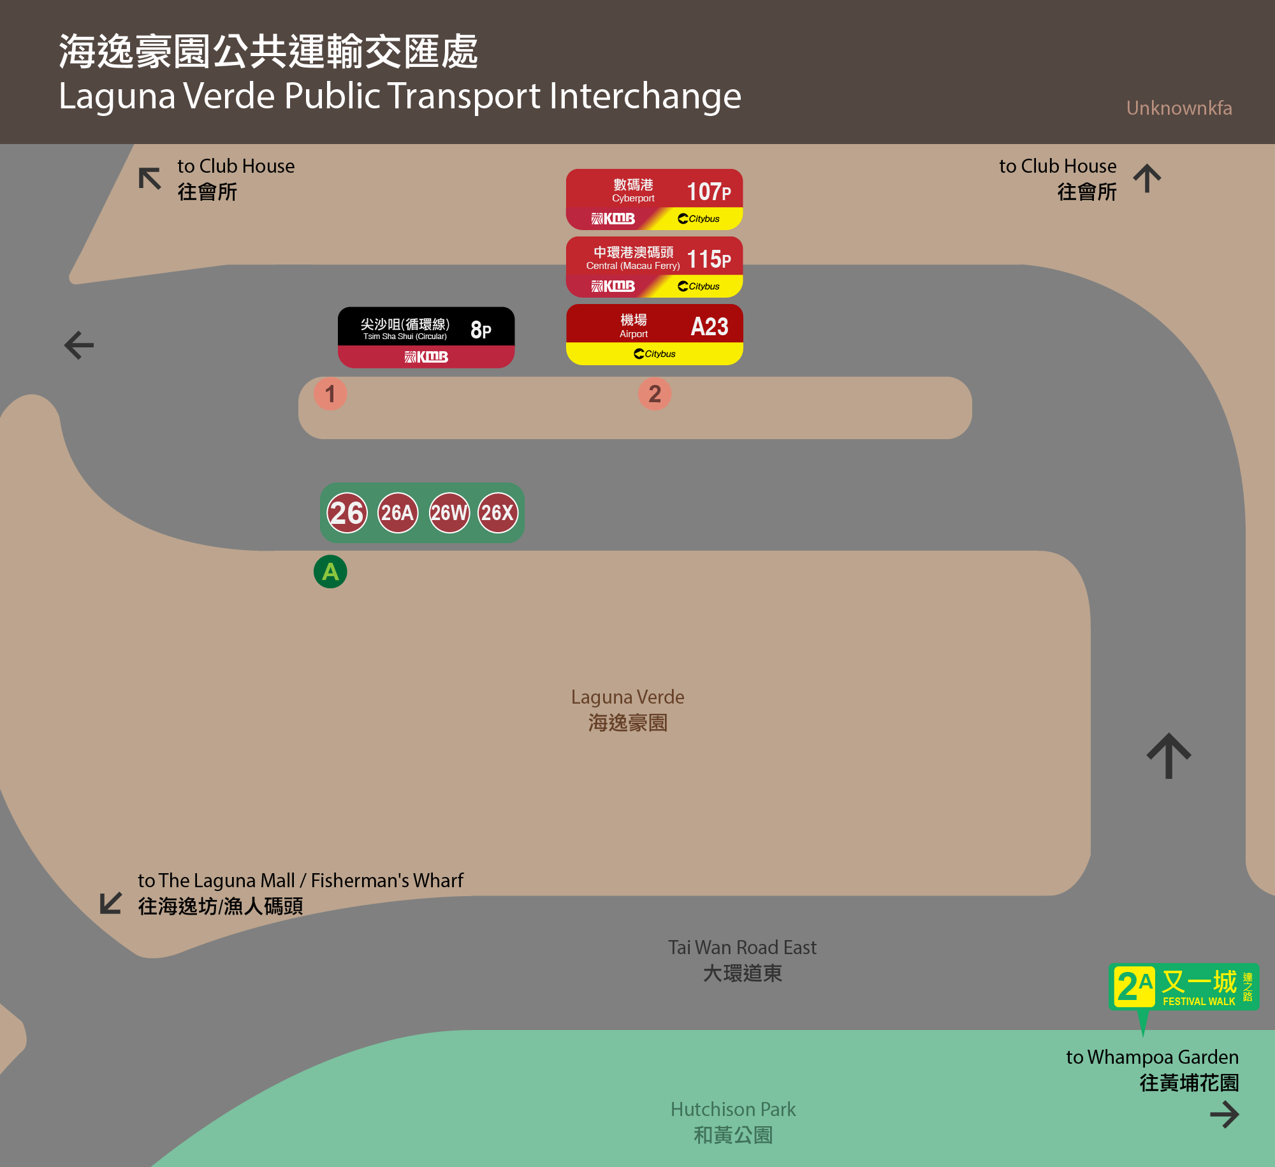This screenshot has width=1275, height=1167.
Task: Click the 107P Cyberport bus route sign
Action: coord(654,199)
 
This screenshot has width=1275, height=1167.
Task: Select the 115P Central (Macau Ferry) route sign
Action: coord(654,266)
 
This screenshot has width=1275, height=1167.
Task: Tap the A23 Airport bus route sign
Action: coord(654,334)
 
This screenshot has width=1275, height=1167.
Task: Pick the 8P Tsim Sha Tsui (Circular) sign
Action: coord(426,337)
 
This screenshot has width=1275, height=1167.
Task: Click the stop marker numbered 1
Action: coord(330,394)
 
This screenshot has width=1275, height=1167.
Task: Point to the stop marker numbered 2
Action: coord(655,394)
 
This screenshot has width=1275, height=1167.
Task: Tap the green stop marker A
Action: coord(330,572)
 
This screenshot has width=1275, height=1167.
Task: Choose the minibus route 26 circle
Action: coord(347,512)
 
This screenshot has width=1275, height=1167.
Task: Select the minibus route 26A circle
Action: coord(398,512)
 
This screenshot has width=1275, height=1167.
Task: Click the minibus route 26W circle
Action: coord(449,512)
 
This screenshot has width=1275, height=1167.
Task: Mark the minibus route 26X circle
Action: coord(498,512)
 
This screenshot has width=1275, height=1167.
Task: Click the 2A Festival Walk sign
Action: coord(1184,987)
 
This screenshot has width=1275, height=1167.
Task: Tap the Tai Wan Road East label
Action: coord(742,960)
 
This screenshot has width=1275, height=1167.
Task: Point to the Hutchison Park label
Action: coord(733,1122)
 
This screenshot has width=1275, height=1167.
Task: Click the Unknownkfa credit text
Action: coord(1179,108)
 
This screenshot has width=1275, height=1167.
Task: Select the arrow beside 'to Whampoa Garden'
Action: coord(1225,1115)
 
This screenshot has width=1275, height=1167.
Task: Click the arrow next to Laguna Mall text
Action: coord(111,902)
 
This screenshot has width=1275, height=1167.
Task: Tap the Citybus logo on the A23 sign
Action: coord(655,354)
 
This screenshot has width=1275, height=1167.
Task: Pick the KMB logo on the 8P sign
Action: coord(426,357)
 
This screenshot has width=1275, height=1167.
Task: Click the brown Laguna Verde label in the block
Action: coord(627,709)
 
